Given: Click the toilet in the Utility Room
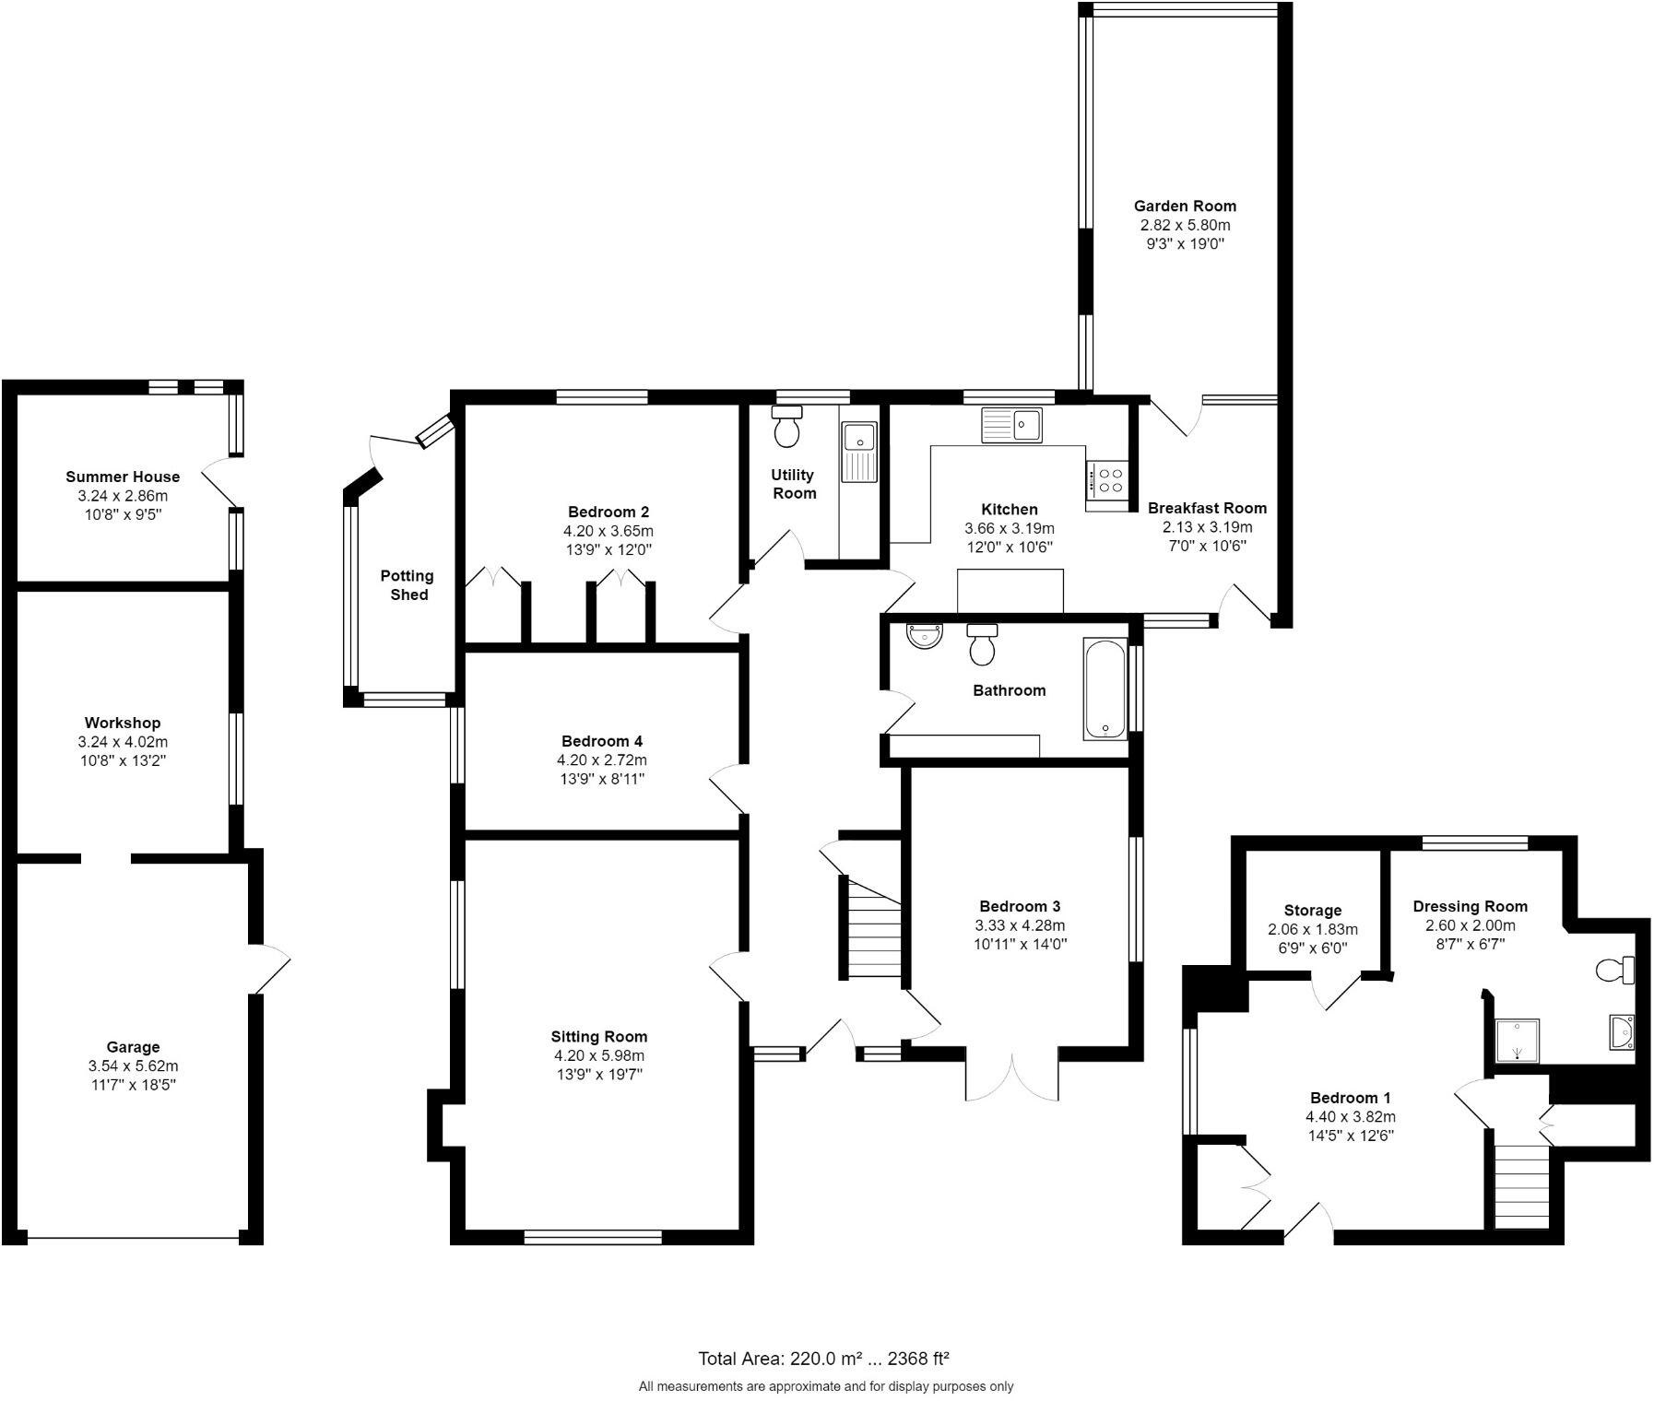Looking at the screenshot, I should (786, 429).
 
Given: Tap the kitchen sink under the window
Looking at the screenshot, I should (1011, 426).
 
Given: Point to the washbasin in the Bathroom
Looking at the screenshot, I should (925, 636).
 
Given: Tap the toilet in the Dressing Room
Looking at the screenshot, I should (1615, 970).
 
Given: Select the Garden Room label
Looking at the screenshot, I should (1185, 206).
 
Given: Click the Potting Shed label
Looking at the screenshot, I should (408, 585).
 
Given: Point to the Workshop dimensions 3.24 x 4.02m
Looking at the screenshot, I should (123, 742).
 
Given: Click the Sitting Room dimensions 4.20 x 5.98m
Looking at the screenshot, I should (599, 1055).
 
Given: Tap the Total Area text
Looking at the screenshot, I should (823, 1359).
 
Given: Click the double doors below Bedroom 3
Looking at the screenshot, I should (1012, 1076).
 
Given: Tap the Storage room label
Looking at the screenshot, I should (1312, 911).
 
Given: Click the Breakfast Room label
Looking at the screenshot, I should (1207, 508).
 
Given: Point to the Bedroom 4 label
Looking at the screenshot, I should (602, 741).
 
